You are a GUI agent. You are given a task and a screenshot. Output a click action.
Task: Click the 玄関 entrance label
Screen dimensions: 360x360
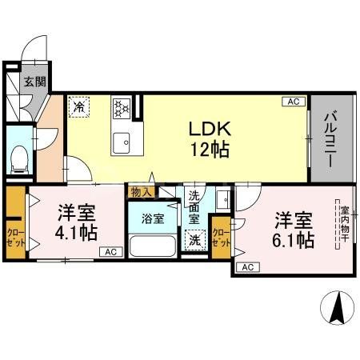(x=33, y=82)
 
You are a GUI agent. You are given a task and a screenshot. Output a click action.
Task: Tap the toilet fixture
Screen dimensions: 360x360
(x=20, y=158)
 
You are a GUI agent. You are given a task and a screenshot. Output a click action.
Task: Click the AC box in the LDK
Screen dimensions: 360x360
(x=294, y=102)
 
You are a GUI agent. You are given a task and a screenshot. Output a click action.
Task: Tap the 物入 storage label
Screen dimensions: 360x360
(x=141, y=192)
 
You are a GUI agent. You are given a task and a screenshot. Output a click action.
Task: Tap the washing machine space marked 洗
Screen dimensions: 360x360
(x=194, y=239)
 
